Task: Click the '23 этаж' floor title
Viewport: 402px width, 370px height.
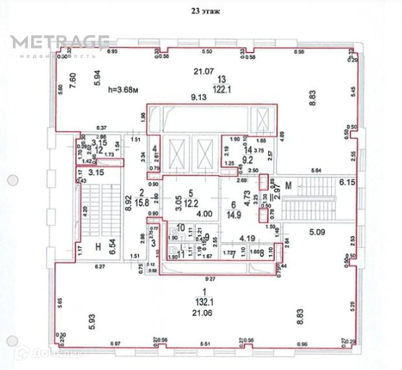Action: point(201,11)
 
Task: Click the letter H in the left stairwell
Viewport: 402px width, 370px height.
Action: point(97,247)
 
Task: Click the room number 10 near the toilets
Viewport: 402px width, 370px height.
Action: point(181,227)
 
